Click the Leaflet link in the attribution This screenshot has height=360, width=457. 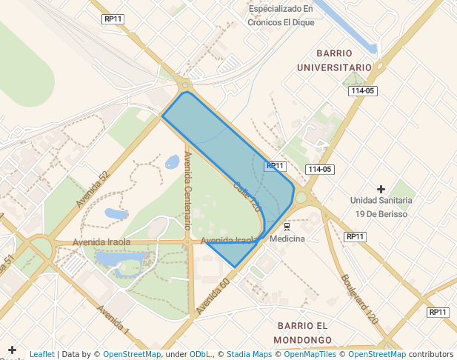pyautogui.click(x=41, y=354)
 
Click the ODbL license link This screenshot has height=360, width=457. pyautogui.click(x=200, y=354)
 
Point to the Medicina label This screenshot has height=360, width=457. pyautogui.click(x=287, y=239)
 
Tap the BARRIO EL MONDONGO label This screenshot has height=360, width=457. pyautogui.click(x=301, y=333)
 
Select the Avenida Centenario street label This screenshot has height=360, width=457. pyautogui.click(x=188, y=189)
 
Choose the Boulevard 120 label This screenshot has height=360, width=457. pyautogui.click(x=360, y=299)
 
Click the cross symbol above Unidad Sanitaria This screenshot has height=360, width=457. pyautogui.click(x=381, y=189)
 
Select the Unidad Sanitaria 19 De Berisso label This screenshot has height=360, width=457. pyautogui.click(x=382, y=207)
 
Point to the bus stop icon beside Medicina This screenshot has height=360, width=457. pyautogui.click(x=287, y=226)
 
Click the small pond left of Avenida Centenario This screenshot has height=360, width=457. pyautogui.click(x=172, y=161)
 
